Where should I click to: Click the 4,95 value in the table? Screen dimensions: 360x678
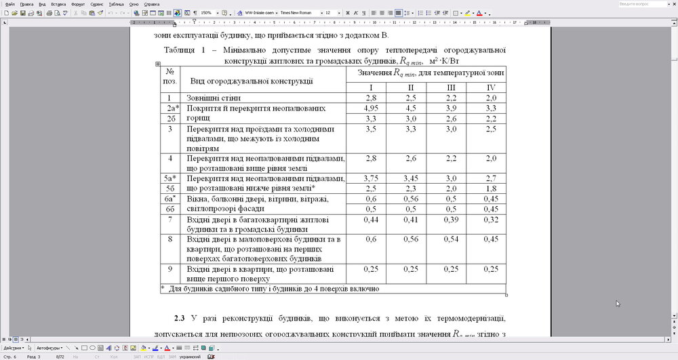coord(371,108)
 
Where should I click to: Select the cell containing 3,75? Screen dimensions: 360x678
coord(371,178)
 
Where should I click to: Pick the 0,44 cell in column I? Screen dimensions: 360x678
coord(371,220)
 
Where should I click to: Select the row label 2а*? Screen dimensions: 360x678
coord(172,108)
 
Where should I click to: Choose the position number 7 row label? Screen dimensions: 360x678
coord(171,220)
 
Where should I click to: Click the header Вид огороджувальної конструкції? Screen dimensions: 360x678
coord(252,81)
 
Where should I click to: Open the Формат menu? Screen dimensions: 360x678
coord(77,4)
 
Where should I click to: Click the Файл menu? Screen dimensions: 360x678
coord(9,4)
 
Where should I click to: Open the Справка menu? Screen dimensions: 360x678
coord(152,4)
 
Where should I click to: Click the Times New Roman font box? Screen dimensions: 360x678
coord(300,13)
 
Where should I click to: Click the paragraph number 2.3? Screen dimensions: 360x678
coord(179,318)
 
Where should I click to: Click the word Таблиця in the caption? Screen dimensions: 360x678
coord(182,50)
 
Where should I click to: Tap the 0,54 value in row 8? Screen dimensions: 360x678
coord(451,239)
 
